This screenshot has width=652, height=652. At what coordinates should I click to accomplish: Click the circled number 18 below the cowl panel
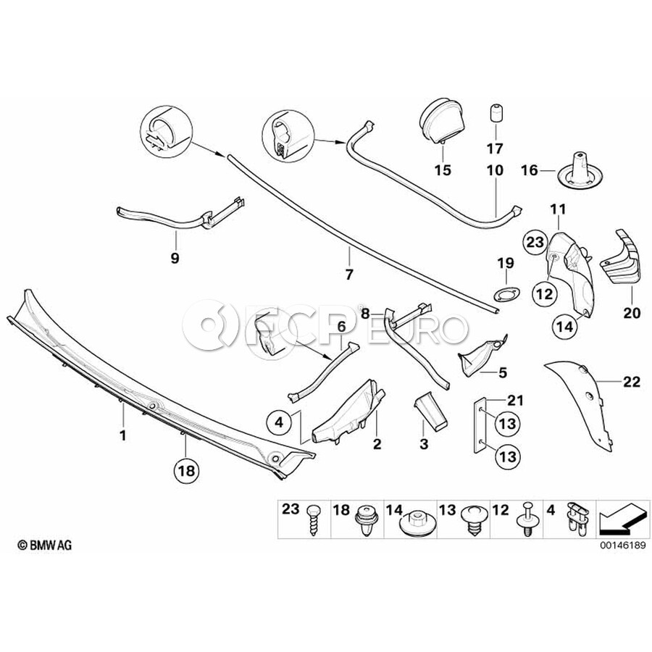click(186, 470)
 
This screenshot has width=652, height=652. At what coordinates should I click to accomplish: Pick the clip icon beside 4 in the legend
click(579, 519)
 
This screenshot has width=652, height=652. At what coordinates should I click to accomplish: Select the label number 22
click(632, 382)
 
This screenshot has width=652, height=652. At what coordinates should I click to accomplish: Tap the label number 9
click(175, 257)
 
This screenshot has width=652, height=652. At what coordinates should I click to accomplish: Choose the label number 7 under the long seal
click(348, 274)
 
